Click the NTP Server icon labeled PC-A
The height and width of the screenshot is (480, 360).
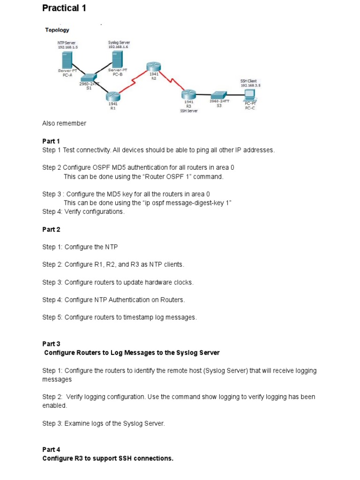coord(67,60)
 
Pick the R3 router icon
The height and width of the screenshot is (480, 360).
coord(188,95)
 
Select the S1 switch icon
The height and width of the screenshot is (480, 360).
coord(88,78)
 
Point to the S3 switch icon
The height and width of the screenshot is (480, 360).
coord(219,95)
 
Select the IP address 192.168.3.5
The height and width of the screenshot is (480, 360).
coord(250,86)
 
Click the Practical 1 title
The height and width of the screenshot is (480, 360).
coord(64,8)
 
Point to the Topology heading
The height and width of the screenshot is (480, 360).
coord(57,30)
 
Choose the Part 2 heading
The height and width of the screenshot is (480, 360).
coord(51,230)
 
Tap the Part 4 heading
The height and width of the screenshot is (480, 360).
coord(51,449)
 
